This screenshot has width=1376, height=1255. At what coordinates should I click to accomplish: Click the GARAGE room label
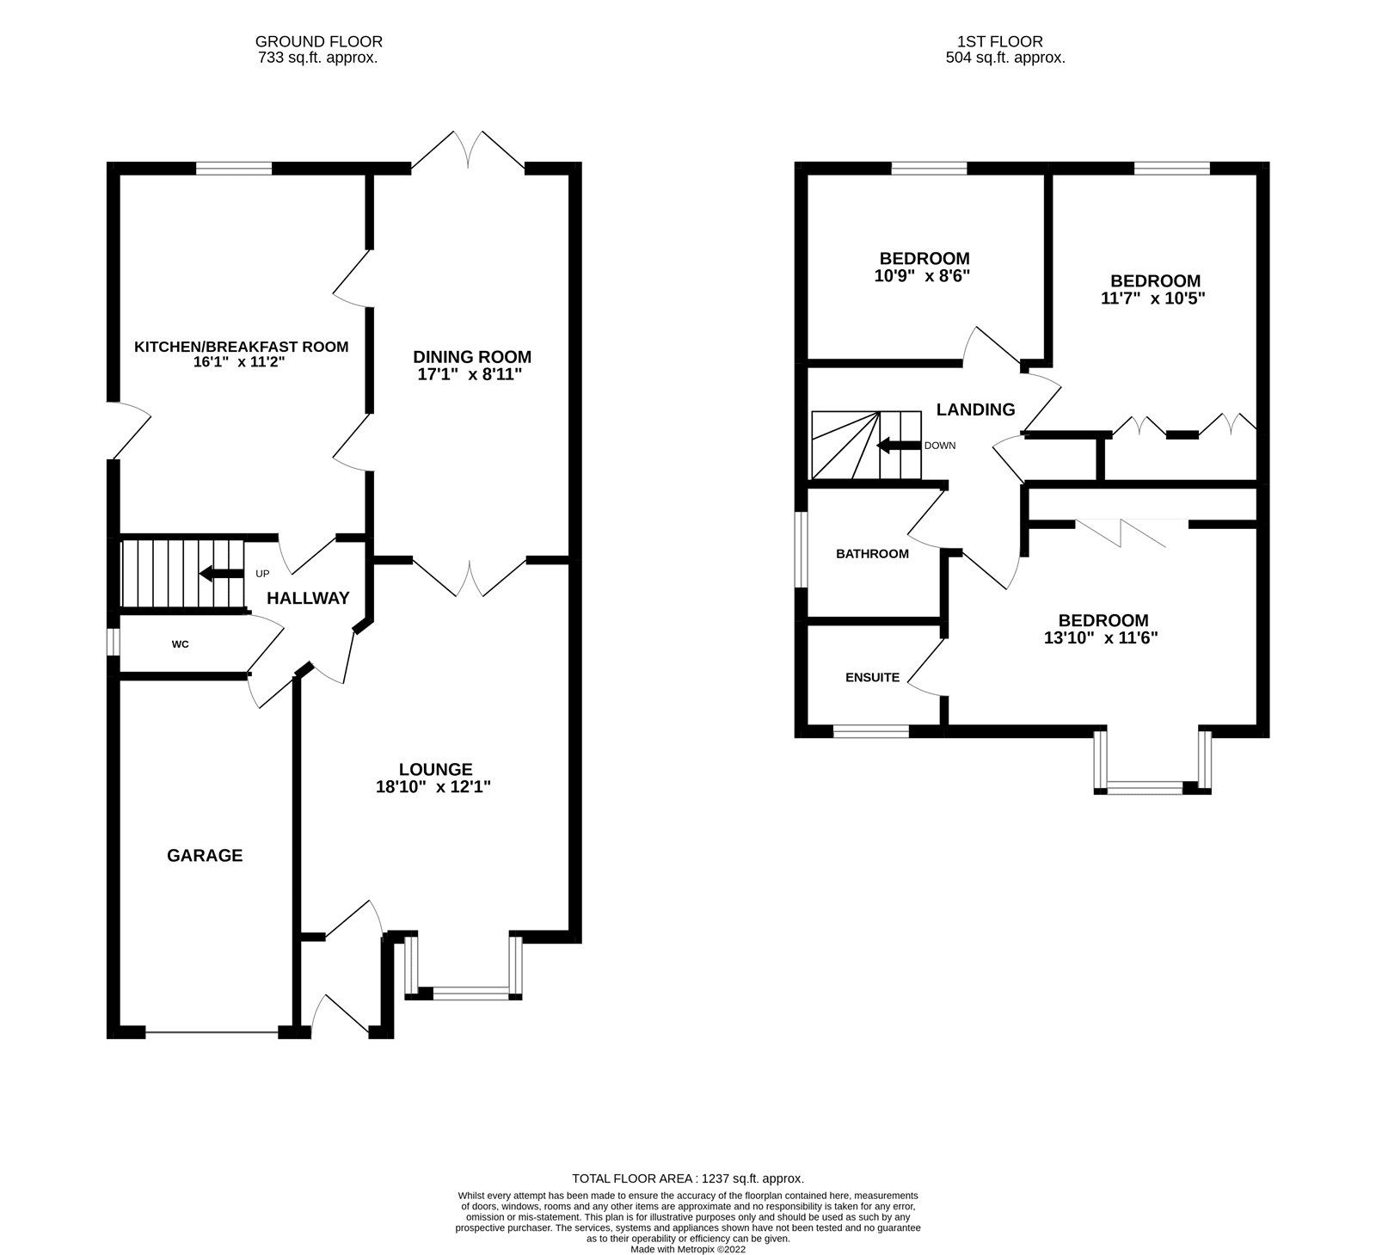coord(205,855)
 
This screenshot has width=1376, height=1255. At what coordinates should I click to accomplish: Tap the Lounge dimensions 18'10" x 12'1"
coord(435,787)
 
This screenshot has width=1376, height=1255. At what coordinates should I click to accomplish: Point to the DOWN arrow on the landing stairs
coord(898,446)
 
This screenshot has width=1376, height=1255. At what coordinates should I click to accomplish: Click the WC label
coord(180,643)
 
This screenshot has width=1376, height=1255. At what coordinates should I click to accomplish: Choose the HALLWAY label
coord(308,598)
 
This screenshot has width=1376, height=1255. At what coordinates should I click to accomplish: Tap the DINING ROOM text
coord(472,356)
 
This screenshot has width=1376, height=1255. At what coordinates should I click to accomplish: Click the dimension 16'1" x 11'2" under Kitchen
coord(239,363)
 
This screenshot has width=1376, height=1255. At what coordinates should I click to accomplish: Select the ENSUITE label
coord(872,677)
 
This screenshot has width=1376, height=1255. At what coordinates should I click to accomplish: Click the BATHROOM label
coord(872,553)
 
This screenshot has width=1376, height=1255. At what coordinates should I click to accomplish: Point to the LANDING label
coord(975,409)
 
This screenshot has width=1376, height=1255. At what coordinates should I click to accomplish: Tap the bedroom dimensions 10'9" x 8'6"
coord(924,276)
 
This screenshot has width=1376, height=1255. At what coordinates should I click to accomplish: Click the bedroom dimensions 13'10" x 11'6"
coord(1103,638)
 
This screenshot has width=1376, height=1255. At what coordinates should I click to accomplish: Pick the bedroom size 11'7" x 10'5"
coord(1154,298)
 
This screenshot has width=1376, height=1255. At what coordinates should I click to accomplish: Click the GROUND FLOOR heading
coord(318,41)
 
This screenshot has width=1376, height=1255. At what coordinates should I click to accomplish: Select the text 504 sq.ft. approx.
coord(1004,58)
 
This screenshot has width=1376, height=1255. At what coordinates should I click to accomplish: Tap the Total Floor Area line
coord(688,1178)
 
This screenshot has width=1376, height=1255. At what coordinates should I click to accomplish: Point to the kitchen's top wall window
coord(234,168)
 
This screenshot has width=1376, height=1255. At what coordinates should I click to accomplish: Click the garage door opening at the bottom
coord(212,1031)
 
